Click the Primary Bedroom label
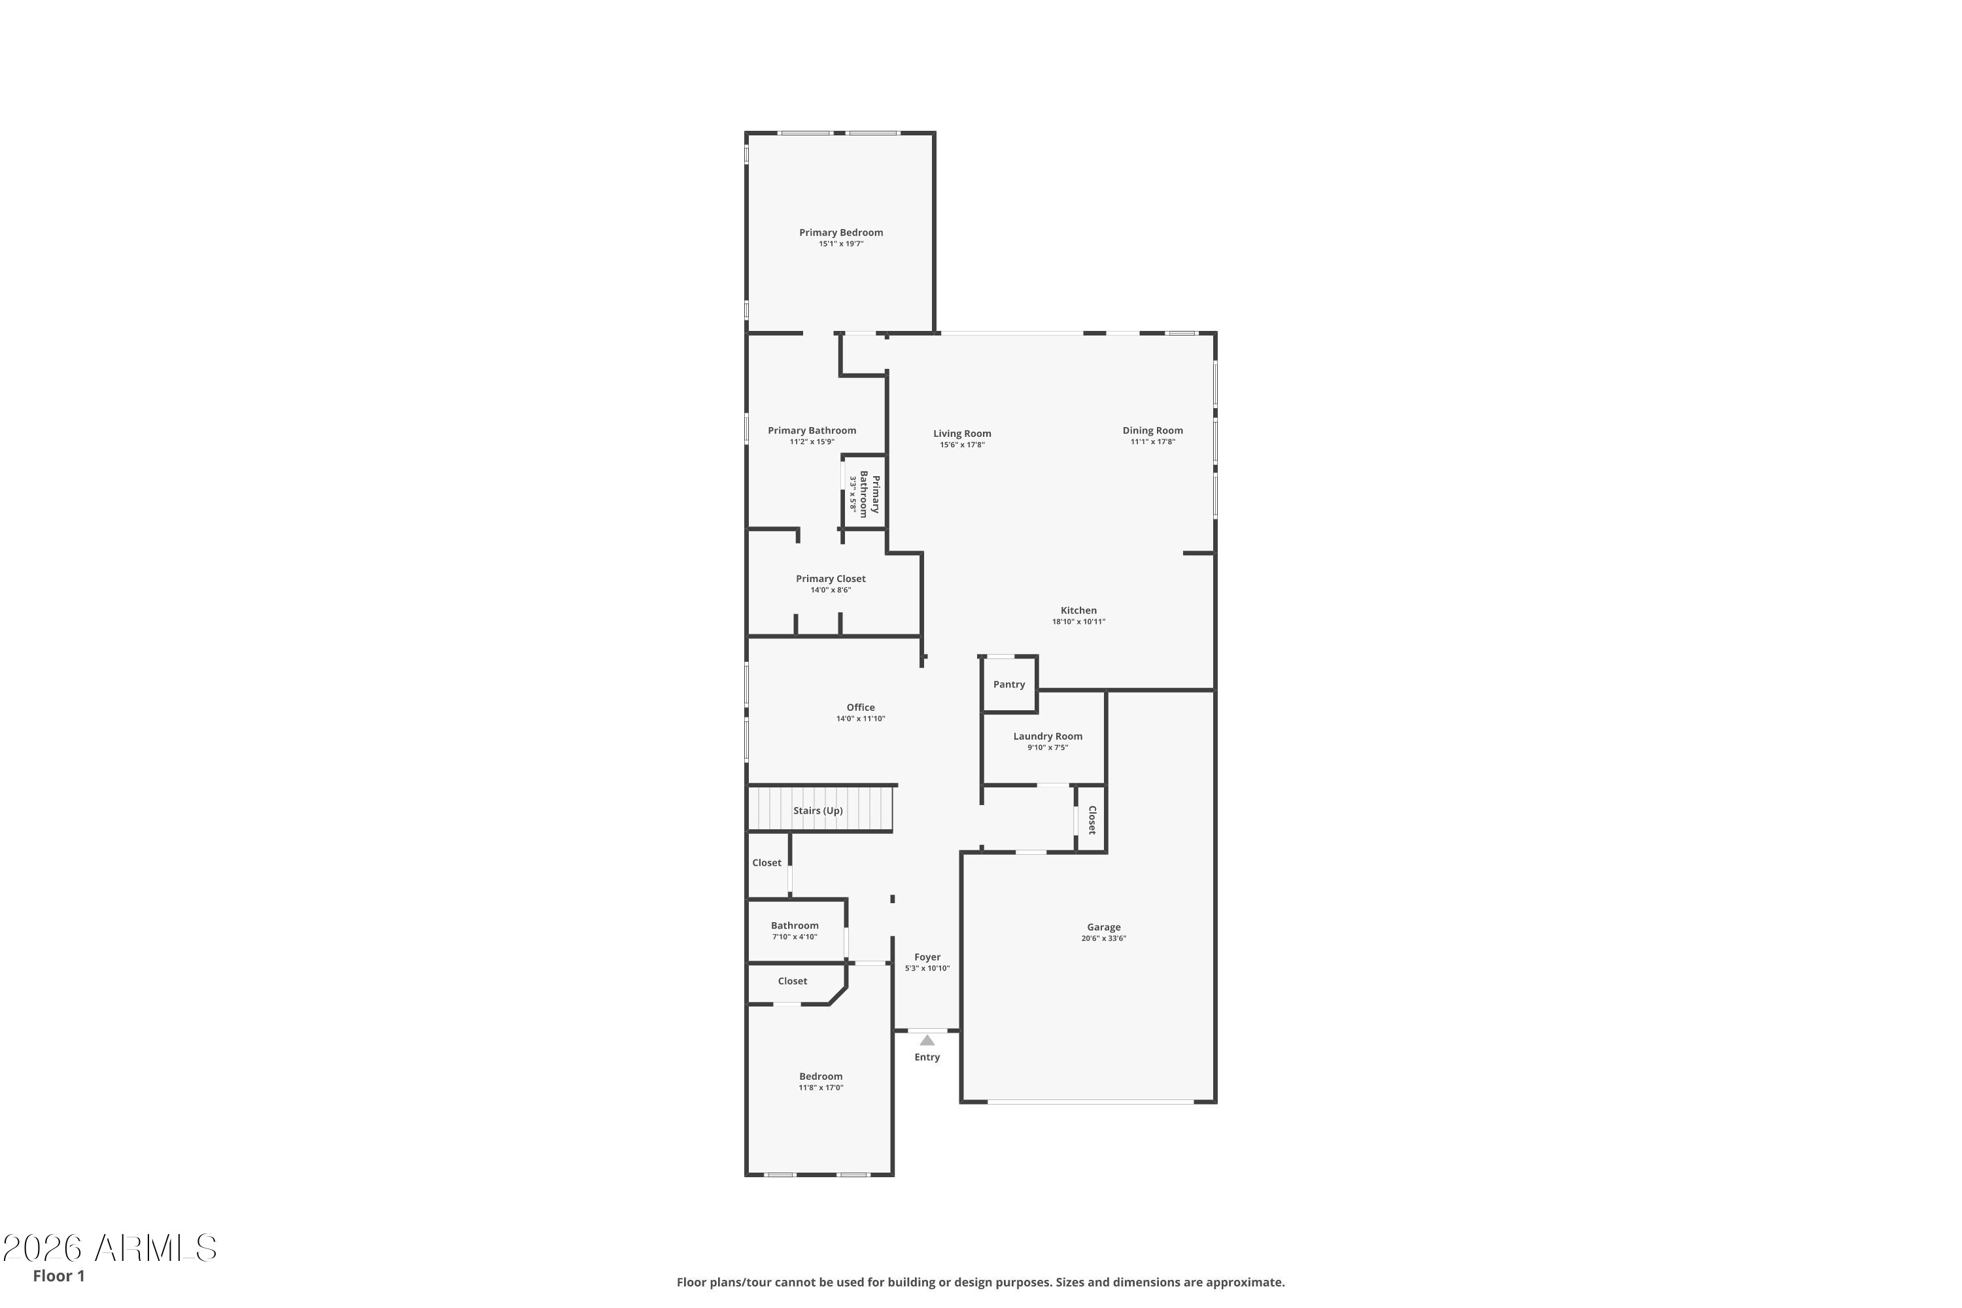(841, 233)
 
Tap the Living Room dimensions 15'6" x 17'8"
(962, 445)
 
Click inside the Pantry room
(1009, 685)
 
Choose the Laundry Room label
(1048, 736)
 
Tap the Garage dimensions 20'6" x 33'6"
(1104, 938)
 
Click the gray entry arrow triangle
(927, 1041)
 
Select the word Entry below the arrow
(927, 1057)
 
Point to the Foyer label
(927, 957)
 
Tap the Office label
(861, 708)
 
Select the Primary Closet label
(831, 579)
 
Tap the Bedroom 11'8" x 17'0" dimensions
(821, 1088)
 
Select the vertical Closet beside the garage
(1091, 819)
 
